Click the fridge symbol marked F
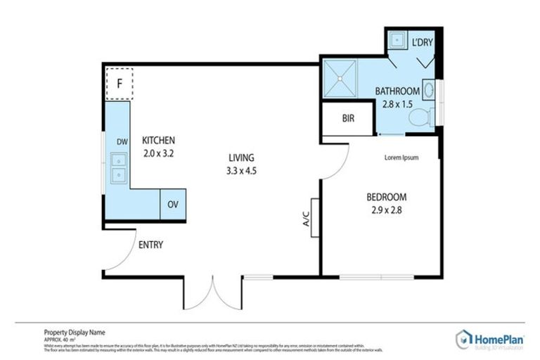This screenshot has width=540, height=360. click(120, 83)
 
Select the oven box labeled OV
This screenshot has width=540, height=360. click(172, 205)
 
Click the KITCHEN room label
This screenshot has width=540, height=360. click(158, 140)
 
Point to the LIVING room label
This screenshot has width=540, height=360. click(240, 157)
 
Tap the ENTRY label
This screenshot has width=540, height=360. click(150, 245)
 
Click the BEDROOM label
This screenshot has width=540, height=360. click(386, 197)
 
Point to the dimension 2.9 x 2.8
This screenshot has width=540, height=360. click(386, 209)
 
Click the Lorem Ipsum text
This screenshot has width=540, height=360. click(401, 157)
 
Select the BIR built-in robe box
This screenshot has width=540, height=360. click(348, 120)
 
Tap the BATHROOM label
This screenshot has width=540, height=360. click(397, 91)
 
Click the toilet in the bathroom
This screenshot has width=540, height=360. click(420, 118)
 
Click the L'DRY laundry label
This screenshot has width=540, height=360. click(422, 42)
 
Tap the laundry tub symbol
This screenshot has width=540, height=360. click(396, 39)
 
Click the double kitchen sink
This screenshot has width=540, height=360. click(119, 169)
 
